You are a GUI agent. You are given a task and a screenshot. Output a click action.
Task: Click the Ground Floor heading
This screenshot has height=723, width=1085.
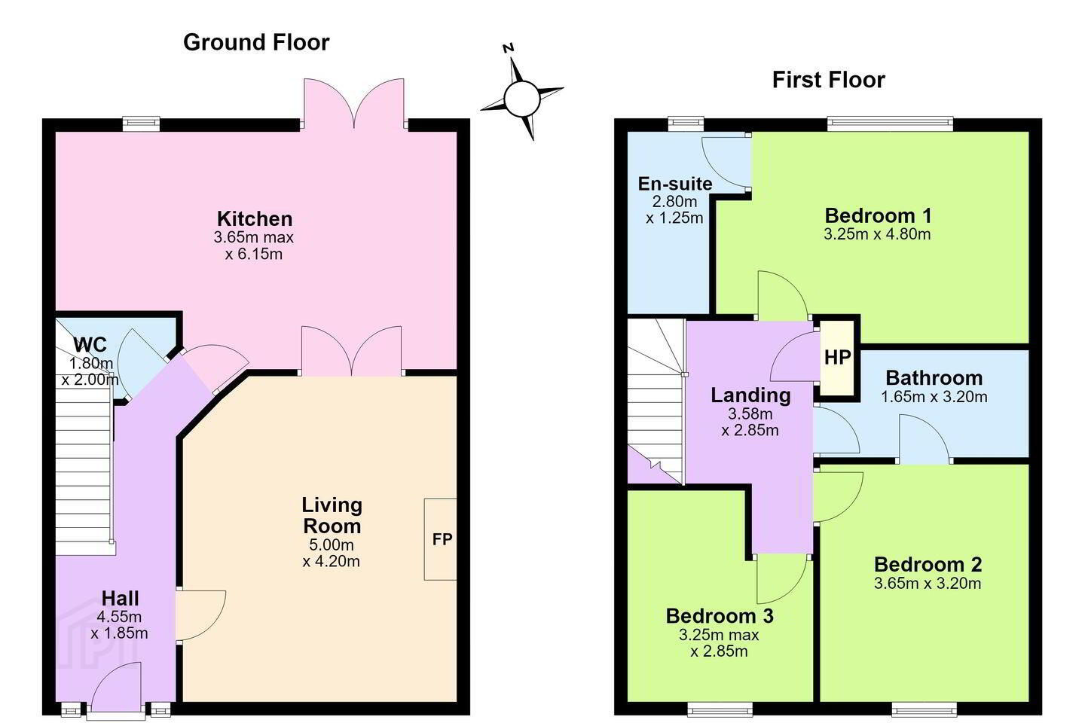tap(256, 43)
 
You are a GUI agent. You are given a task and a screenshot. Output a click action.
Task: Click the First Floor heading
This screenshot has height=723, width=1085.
tap(828, 80)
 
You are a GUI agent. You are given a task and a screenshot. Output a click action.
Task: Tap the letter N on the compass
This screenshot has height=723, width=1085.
tap(508, 48)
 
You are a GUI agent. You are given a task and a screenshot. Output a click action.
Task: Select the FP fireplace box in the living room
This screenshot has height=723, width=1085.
tap(440, 539)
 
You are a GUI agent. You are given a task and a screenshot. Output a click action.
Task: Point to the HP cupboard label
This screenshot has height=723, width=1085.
tap(838, 358)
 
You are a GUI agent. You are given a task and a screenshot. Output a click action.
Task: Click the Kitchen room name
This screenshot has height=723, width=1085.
tap(255, 219)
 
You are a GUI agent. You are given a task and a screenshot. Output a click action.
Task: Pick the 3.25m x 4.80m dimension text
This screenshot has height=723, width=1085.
tap(877, 234)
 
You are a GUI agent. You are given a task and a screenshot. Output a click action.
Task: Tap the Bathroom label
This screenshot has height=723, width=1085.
tap(934, 378)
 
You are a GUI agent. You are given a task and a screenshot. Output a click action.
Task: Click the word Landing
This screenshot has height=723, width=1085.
tap(750, 395)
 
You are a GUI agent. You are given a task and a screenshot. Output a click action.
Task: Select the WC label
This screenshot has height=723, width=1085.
tap(90, 345)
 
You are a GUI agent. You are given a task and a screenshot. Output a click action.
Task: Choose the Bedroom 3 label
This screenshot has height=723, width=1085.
tap(720, 616)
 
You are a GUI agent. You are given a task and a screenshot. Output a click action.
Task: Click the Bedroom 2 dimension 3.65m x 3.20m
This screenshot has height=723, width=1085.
tap(927, 583)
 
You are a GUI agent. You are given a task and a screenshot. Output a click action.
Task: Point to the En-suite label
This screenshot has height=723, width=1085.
tap(675, 184)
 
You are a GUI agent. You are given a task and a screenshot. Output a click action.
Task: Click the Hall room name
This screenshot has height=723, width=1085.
tap(120, 599)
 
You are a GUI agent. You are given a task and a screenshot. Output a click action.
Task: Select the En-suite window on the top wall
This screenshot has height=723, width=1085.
tap(686, 124)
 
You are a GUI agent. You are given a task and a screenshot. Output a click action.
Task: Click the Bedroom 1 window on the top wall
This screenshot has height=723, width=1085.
tap(890, 124)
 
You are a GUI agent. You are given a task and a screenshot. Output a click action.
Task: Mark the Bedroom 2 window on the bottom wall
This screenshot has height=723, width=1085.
tap(924, 710)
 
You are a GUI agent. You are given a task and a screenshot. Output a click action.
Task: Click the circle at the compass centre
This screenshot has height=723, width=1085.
tap(521, 99)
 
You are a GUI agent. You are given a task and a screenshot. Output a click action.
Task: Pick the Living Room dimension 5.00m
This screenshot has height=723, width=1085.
tap(332, 545)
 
